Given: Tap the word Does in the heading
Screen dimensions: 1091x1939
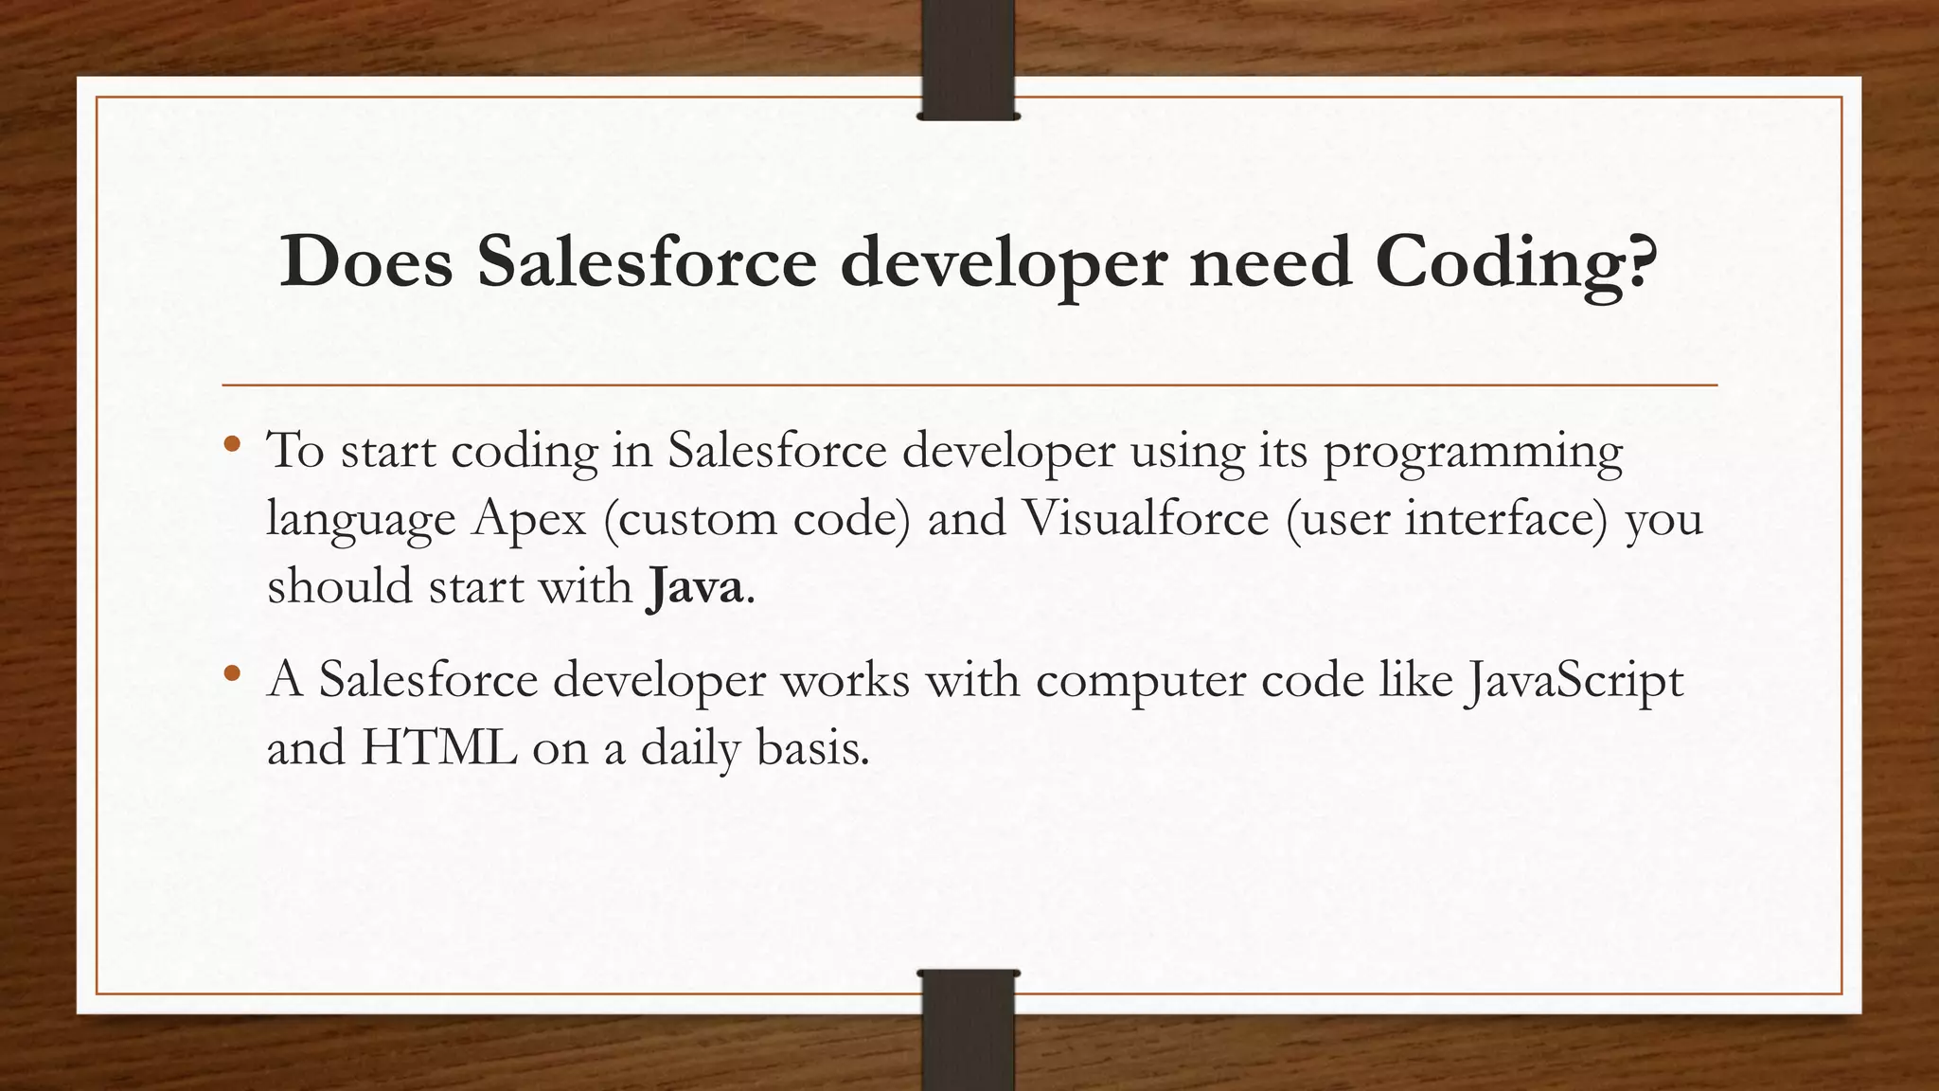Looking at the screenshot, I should [366, 260].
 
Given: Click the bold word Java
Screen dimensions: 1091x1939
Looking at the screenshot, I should [696, 586].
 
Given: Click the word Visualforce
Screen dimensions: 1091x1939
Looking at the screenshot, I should [1146, 517].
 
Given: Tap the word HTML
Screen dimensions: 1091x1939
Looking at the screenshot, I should [439, 748].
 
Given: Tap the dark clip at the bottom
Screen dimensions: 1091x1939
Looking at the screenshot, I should [968, 1029].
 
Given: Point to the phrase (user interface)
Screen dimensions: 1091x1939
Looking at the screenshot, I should [1448, 519].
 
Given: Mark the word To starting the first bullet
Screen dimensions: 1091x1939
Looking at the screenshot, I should [296, 450].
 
